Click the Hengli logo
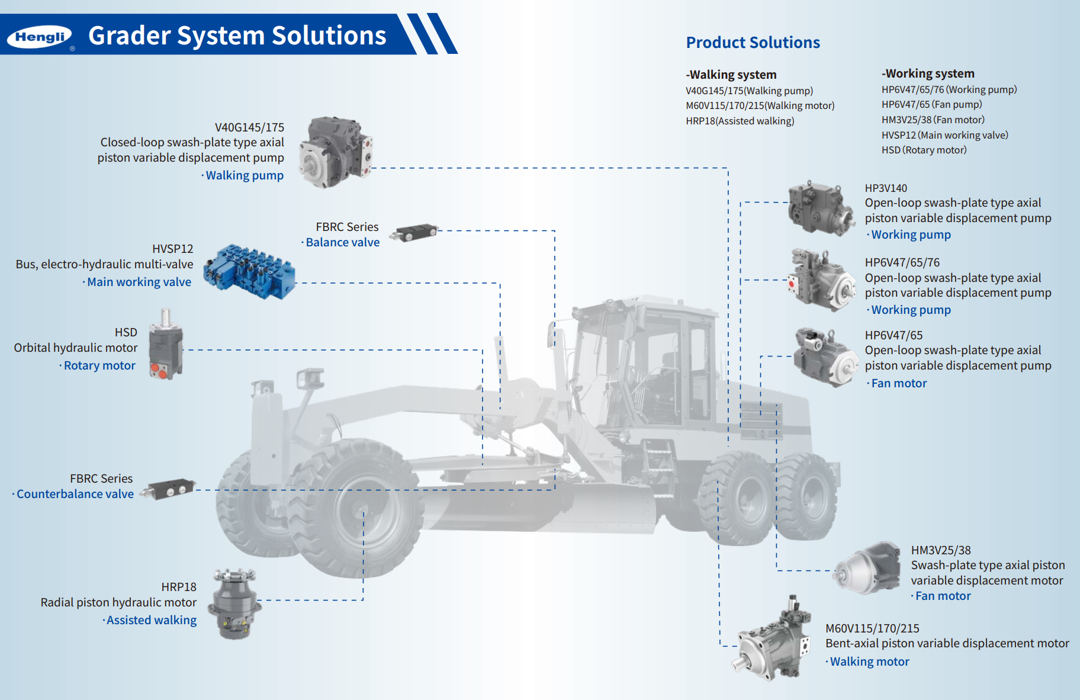pos(40,37)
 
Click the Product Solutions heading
pos(753,43)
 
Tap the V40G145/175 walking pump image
pos(336,152)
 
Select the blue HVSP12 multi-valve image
pos(249,272)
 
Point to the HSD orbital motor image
pos(166,345)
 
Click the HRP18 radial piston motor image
pos(236,603)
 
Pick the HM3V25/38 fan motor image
pos(868,568)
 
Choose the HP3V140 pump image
pos(821,208)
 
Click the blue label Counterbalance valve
pos(75,494)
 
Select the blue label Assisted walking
pos(152,620)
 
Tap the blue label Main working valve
pos(139,282)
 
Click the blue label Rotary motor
pos(99,365)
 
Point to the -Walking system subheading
pos(731,75)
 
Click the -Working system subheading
pos(928,73)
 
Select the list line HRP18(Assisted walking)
pos(740,121)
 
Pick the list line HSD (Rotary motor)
pos(924,150)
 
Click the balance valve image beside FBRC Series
pos(416,232)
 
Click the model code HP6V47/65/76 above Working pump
pos(902,262)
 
